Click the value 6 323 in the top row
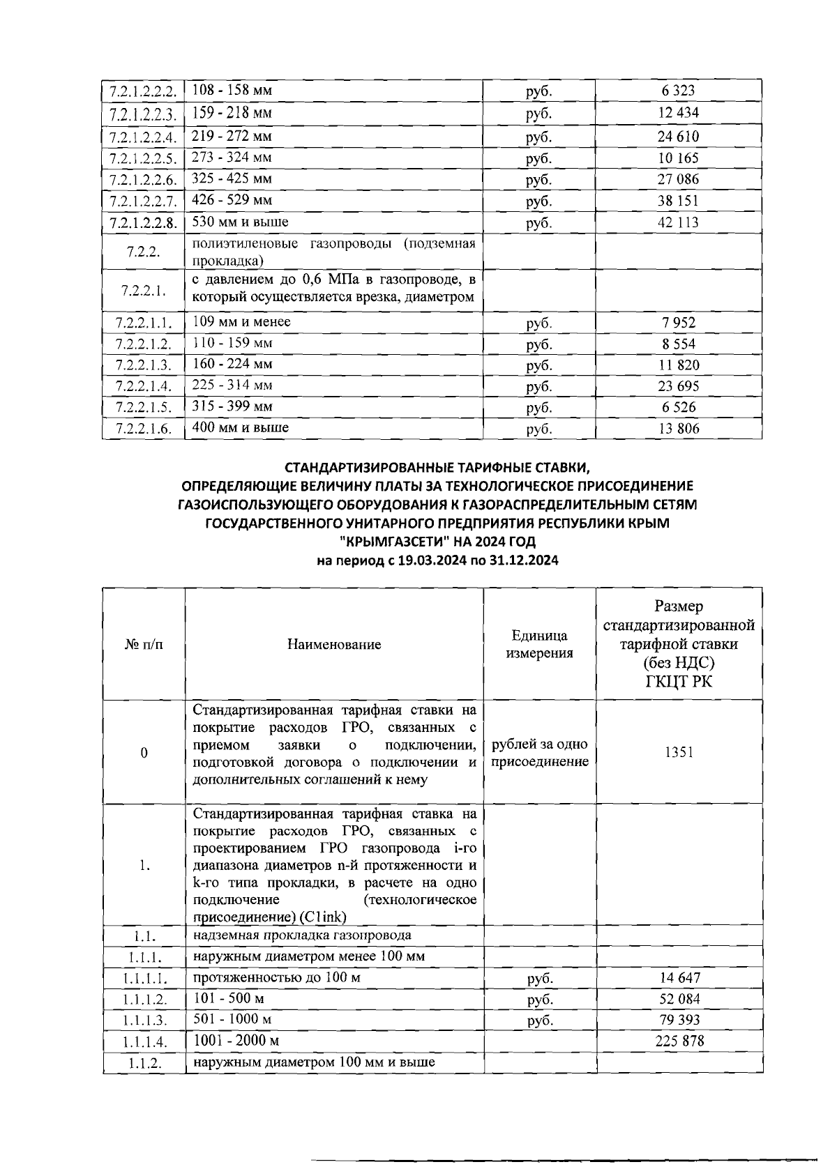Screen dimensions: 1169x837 point(678,91)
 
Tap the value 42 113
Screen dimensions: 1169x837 point(678,223)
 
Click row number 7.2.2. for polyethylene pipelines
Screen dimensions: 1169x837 point(144,252)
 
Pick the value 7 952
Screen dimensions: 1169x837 point(678,323)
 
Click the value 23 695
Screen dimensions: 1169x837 point(678,386)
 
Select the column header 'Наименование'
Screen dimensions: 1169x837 point(334,645)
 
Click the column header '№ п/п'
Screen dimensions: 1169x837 point(144,645)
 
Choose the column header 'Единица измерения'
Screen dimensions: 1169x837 point(539,645)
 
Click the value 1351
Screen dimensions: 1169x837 point(679,753)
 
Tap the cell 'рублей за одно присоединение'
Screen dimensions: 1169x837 point(540,753)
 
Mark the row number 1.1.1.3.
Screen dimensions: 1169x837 point(144,1021)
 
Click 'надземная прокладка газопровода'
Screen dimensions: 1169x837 point(302,935)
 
